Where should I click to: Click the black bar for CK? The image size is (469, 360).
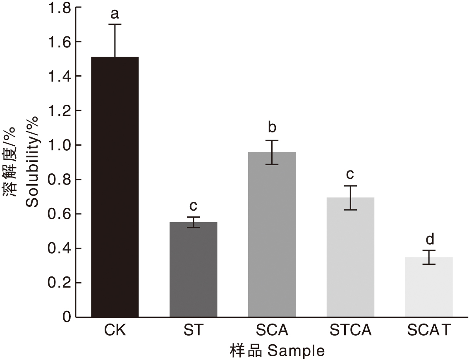pyautogui.click(x=115, y=186)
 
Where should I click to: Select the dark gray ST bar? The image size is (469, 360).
pyautogui.click(x=193, y=269)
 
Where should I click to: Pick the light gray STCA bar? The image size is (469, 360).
pyautogui.click(x=350, y=257)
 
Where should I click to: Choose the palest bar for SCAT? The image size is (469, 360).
pyautogui.click(x=429, y=287)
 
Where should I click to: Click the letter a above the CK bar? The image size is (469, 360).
pyautogui.click(x=115, y=14)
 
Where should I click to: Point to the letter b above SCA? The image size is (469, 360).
pyautogui.click(x=272, y=127)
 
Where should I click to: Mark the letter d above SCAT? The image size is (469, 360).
pyautogui.click(x=429, y=239)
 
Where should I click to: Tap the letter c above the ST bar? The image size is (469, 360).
pyautogui.click(x=193, y=206)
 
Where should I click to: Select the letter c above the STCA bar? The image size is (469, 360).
pyautogui.click(x=350, y=174)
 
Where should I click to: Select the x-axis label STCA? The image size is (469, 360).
pyautogui.click(x=350, y=331)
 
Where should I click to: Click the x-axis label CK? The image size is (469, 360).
pyautogui.click(x=115, y=331)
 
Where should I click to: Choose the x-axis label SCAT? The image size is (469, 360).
pyautogui.click(x=429, y=331)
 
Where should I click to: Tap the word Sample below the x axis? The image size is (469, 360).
pyautogui.click(x=296, y=351)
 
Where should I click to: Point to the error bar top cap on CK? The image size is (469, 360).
pyautogui.click(x=115, y=24)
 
